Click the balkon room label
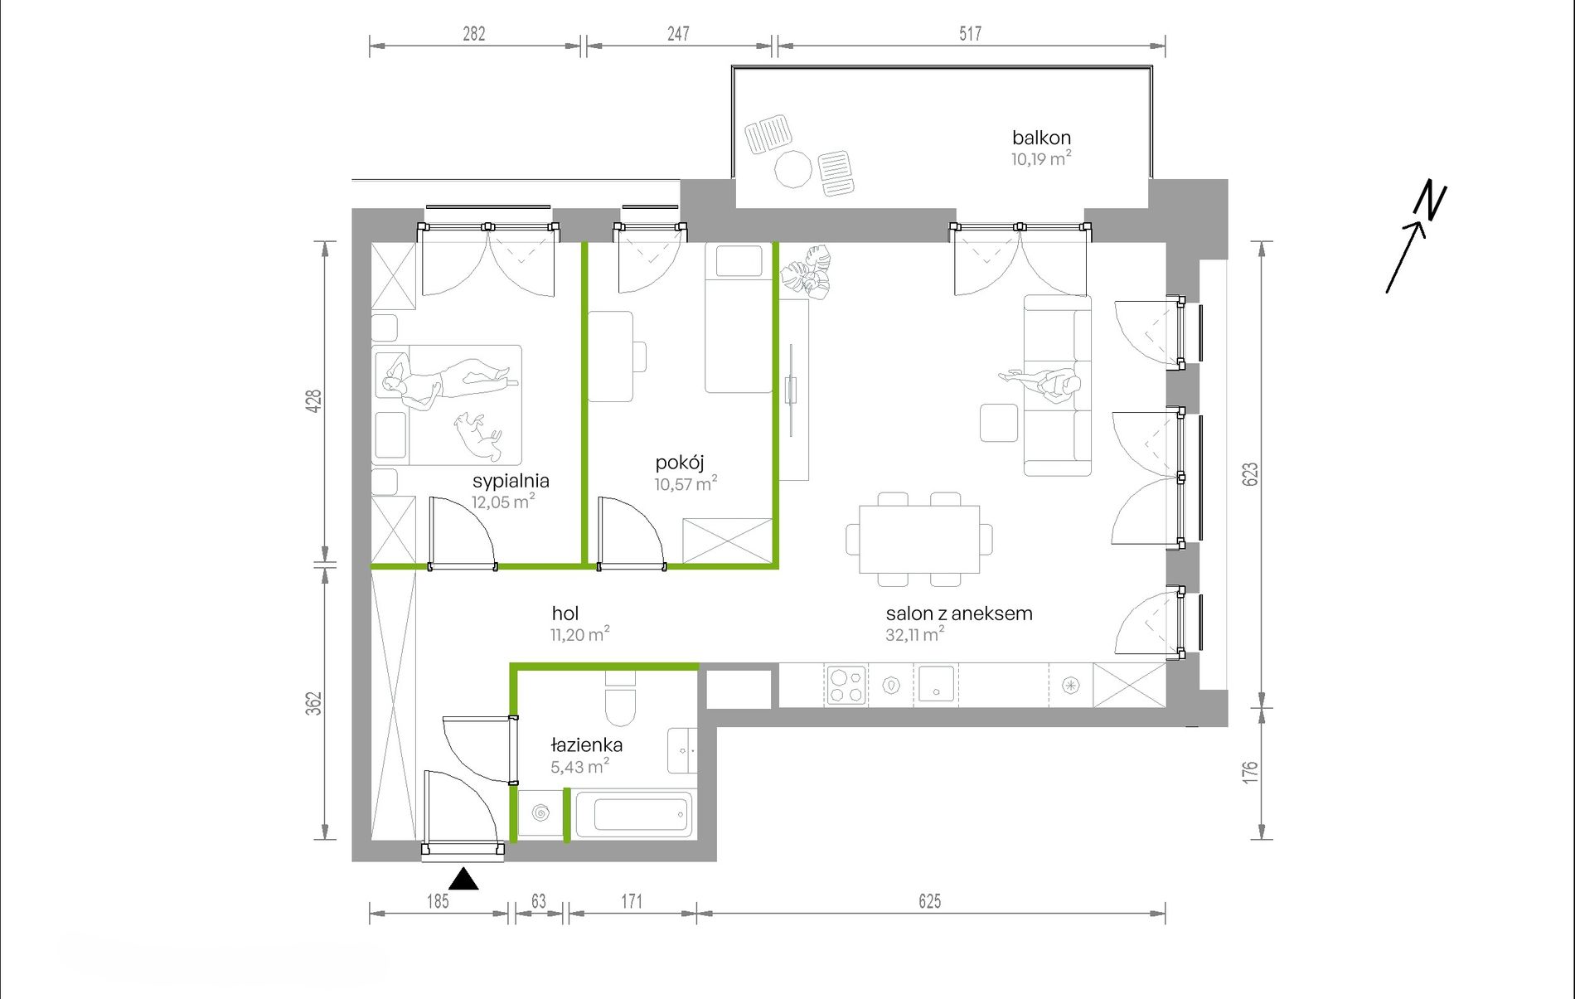(x=1041, y=138)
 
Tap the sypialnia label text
(x=511, y=481)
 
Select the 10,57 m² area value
(x=686, y=483)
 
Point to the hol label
(x=565, y=613)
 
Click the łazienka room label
(x=587, y=744)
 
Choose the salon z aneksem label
(x=959, y=613)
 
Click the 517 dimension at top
(x=970, y=34)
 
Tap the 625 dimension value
(x=930, y=901)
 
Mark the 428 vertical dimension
(x=313, y=401)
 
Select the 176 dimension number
(x=1250, y=773)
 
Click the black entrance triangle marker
(x=464, y=879)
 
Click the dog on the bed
(x=479, y=435)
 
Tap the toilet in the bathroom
(x=620, y=701)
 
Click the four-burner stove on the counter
(x=846, y=686)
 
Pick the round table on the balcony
(x=793, y=169)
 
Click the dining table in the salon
(x=919, y=539)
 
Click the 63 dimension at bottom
(x=539, y=901)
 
